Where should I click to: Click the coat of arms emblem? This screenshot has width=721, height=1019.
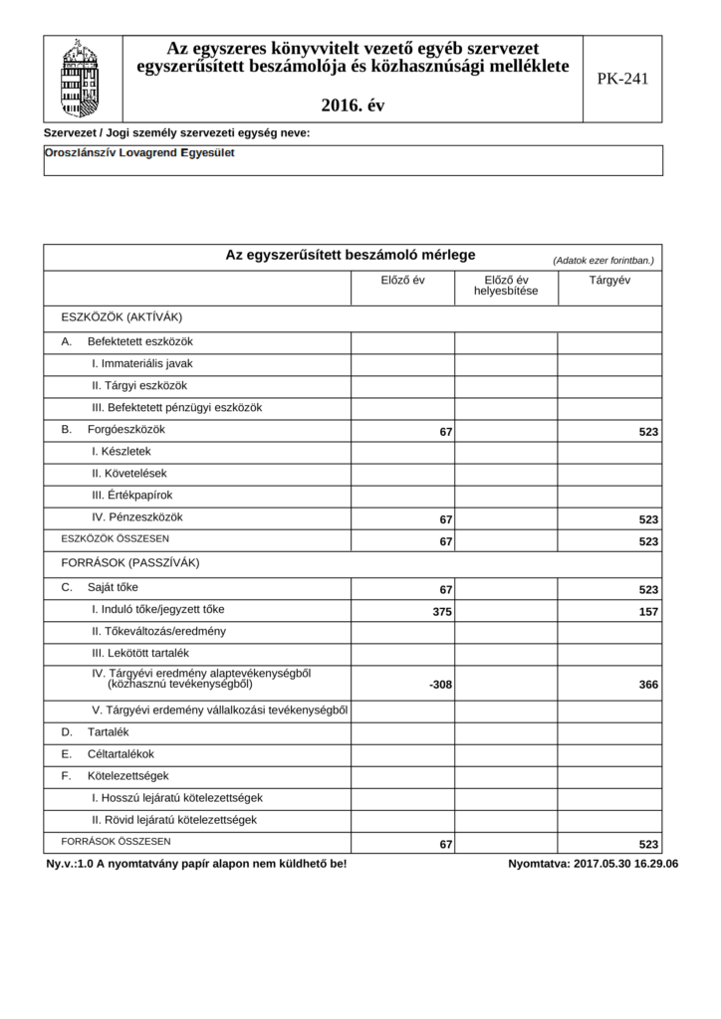pos(82,79)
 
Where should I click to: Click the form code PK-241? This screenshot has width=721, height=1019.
pos(622,79)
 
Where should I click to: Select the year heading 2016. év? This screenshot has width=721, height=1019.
pos(353,104)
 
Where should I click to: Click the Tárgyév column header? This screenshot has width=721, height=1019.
pos(609,281)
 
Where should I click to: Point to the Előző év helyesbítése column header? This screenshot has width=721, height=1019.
pos(506,286)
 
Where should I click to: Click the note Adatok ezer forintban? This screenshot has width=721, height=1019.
pos(603,260)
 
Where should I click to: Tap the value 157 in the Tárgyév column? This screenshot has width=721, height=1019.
pos(648,612)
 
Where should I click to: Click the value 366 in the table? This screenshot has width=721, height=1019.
pos(648,685)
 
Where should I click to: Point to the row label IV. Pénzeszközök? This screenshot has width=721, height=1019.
pos(137,516)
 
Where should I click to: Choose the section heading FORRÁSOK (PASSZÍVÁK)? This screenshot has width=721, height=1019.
pos(130,562)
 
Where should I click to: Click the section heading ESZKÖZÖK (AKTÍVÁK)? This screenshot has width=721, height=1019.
pos(121,316)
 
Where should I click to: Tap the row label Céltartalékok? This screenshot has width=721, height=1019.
pos(120,753)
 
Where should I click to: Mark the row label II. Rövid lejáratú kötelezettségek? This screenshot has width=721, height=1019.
pos(174,820)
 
